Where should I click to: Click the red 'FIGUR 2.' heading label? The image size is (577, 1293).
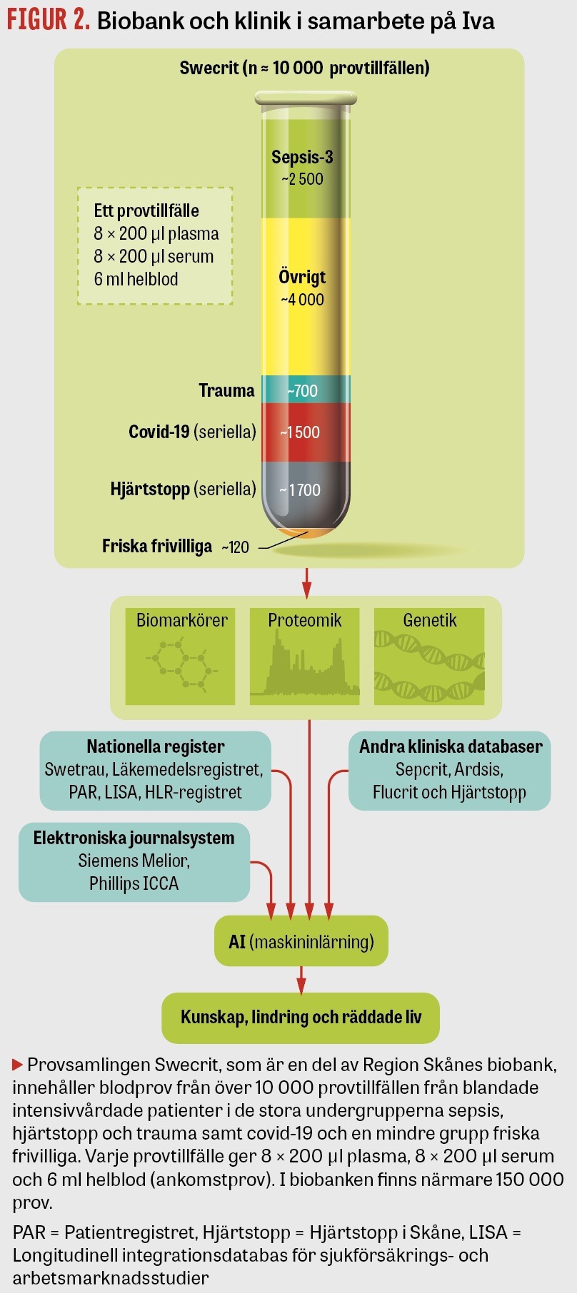point(48,20)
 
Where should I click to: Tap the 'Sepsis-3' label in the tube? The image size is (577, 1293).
point(302,158)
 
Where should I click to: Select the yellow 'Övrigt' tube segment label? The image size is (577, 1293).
point(302,277)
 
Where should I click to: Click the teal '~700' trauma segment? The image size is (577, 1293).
point(303,391)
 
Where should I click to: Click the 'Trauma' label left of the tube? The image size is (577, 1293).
point(226,391)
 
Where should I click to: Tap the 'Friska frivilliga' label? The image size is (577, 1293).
point(157,547)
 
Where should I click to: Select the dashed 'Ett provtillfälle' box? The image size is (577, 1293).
point(155,245)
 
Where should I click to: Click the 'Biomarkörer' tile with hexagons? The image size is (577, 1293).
point(181,656)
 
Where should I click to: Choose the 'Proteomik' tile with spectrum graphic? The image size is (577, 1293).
point(305,656)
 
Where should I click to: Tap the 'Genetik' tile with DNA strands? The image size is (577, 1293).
point(429,656)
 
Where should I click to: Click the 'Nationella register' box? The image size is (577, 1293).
point(155,770)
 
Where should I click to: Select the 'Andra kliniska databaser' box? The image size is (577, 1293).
point(450,770)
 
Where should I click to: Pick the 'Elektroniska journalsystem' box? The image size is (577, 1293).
point(134,861)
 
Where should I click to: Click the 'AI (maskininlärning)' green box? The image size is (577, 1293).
point(301,942)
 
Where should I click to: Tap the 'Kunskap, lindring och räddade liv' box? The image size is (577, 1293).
point(301,1018)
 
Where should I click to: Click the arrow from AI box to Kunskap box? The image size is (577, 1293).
point(301,980)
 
